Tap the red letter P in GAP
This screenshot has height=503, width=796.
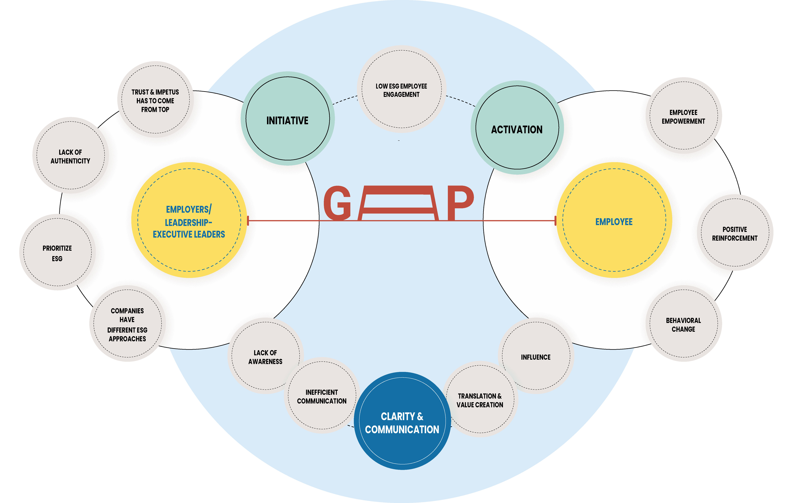click(x=460, y=202)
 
